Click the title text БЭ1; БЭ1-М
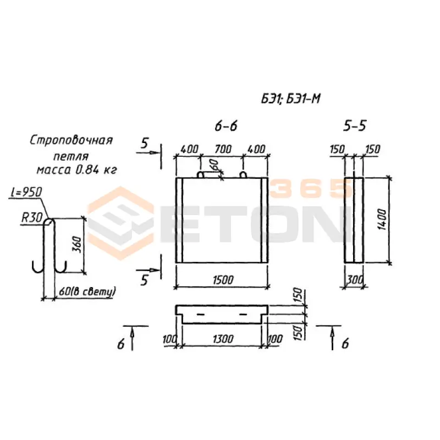(x=291, y=99)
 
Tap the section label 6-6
(x=226, y=126)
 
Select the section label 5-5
(x=355, y=126)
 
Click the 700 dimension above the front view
(x=223, y=149)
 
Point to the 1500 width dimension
(x=223, y=280)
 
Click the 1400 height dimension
(x=382, y=219)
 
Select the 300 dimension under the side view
(x=355, y=280)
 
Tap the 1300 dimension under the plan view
(x=223, y=339)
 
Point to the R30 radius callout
(x=32, y=217)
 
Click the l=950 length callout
(x=26, y=192)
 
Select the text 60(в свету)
(x=87, y=291)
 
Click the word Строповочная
(x=71, y=140)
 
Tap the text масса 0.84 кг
(x=76, y=170)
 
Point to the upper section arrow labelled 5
(x=148, y=153)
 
